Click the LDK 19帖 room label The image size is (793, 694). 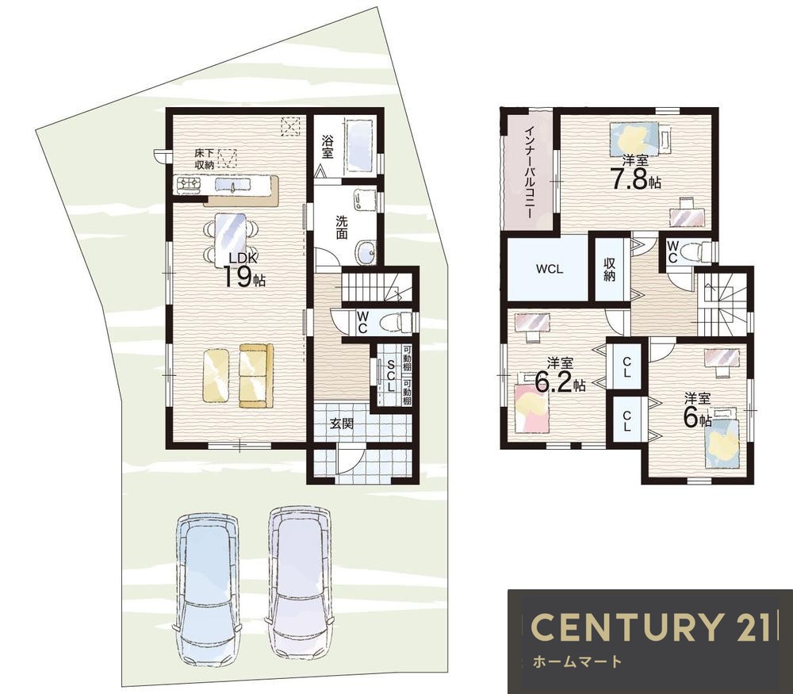[245, 270]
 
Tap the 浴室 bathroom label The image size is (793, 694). [328, 146]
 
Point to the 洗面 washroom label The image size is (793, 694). [341, 227]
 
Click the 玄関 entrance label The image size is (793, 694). [341, 424]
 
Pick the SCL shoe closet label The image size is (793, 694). [390, 375]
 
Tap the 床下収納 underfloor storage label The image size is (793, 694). [205, 159]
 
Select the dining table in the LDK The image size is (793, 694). [231, 238]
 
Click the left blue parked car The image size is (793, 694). [207, 589]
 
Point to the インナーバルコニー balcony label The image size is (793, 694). [528, 171]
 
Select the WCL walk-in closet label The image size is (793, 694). [550, 269]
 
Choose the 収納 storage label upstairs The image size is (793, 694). [609, 269]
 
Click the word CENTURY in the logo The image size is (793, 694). [625, 627]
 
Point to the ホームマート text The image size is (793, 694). [577, 661]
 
